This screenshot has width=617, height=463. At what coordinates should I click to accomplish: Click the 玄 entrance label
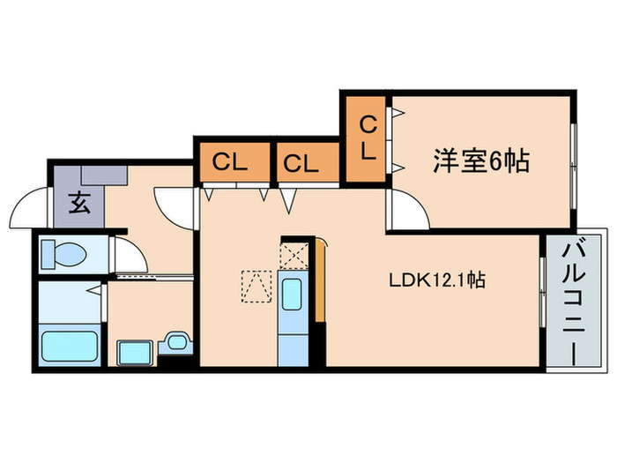click(x=78, y=205)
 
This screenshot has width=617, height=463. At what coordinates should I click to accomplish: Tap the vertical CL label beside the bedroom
click(x=367, y=138)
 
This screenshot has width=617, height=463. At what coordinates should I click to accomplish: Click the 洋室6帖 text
click(x=480, y=161)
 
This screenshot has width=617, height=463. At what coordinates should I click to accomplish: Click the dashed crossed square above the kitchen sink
click(x=292, y=257)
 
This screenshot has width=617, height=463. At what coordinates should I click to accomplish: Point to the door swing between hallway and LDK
click(x=172, y=205)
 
